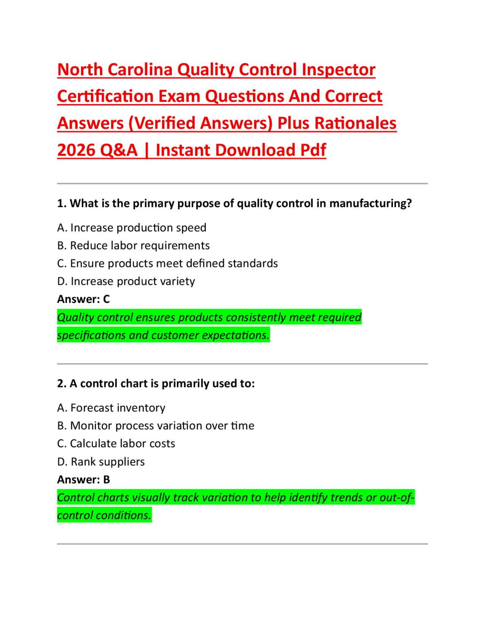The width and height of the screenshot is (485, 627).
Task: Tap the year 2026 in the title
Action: click(76, 150)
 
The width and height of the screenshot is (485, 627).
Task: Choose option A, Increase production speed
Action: click(131, 228)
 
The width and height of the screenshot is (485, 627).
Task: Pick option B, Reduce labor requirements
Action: click(133, 246)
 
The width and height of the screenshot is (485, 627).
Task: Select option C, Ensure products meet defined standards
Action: click(167, 264)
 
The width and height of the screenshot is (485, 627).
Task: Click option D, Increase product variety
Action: click(126, 281)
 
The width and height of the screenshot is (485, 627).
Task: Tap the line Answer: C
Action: click(83, 299)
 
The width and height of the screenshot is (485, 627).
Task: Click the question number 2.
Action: click(61, 384)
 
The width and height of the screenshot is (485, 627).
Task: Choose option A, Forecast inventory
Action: click(111, 408)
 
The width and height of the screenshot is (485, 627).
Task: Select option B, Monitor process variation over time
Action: click(155, 426)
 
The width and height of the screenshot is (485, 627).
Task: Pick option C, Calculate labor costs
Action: click(116, 444)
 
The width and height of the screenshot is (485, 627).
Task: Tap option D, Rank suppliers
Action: click(101, 462)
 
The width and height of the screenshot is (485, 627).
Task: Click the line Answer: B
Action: click(83, 480)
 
